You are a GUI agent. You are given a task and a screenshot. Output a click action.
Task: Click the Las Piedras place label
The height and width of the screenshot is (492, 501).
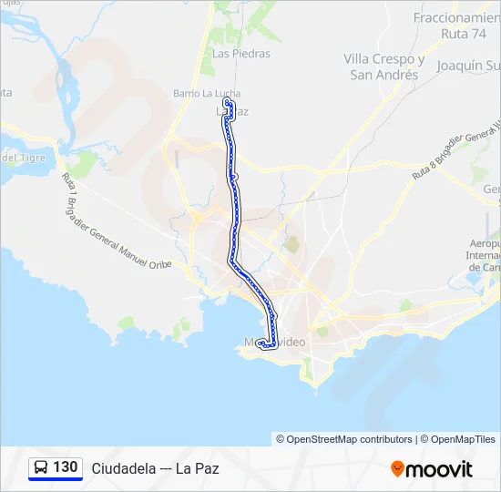click(240, 54)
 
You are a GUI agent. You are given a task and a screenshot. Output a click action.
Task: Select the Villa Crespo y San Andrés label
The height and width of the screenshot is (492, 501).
click(384, 67)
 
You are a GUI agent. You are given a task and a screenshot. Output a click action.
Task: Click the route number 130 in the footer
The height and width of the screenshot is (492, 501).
click(66, 467)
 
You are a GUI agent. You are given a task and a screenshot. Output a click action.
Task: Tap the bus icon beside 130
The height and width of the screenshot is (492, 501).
click(41, 467)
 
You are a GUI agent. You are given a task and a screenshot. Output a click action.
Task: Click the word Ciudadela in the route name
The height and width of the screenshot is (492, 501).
click(122, 468)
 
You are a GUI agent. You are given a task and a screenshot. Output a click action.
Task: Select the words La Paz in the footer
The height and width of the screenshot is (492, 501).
click(197, 468)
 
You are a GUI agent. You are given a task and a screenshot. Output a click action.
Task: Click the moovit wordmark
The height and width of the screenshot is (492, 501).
click(440, 469)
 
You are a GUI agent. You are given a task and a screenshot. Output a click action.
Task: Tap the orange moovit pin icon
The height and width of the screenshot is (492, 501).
click(397, 469)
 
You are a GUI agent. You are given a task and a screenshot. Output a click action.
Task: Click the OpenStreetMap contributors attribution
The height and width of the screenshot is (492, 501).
click(344, 439)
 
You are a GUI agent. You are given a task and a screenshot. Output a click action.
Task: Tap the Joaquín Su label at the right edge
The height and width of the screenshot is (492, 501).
click(468, 66)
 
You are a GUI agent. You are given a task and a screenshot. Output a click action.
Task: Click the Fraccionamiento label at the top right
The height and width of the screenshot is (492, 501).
click(456, 17)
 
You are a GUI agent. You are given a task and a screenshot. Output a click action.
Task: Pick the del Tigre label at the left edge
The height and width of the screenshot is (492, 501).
click(23, 158)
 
